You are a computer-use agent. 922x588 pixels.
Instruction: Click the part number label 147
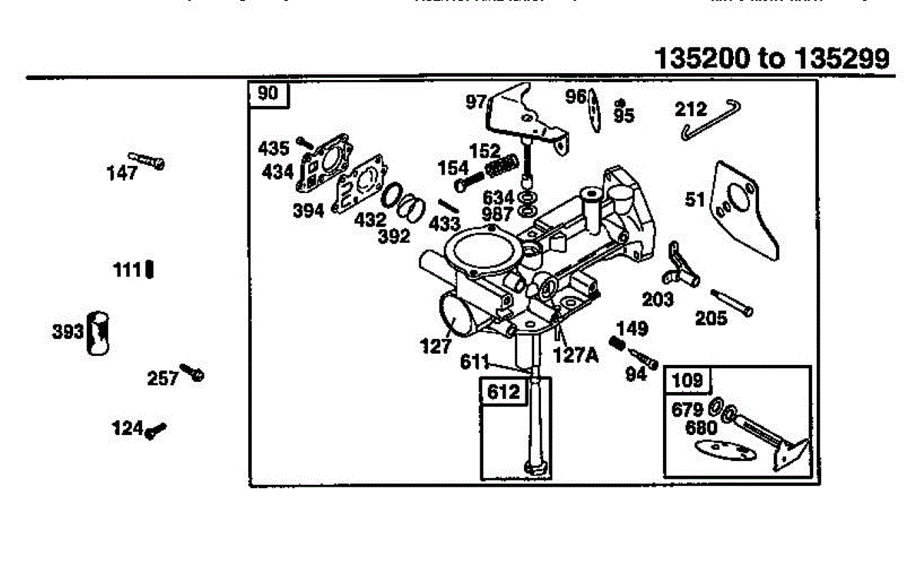[122, 173]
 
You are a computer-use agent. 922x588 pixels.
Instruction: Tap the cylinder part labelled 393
[98, 333]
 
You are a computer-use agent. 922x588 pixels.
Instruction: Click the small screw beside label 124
[156, 430]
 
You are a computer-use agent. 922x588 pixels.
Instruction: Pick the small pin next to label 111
[149, 270]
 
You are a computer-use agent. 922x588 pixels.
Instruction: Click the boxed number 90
[267, 94]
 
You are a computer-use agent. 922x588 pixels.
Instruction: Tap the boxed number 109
[688, 380]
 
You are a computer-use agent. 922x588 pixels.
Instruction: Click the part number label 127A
[574, 355]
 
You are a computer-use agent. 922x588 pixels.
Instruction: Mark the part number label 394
[309, 211]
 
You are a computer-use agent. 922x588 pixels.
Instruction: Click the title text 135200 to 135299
[774, 58]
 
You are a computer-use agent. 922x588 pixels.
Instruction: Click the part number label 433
[444, 224]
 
